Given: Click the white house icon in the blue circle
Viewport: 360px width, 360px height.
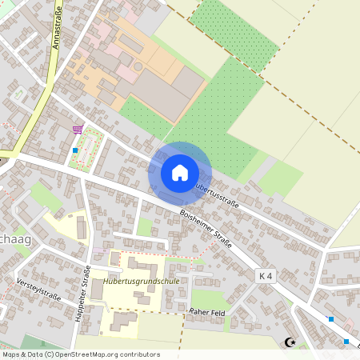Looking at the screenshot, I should (180, 172).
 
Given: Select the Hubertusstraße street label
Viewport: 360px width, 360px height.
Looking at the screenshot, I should (217, 190).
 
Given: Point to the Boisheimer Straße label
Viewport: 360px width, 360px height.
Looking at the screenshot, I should (206, 227).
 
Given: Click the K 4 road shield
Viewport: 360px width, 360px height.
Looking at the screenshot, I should (266, 275).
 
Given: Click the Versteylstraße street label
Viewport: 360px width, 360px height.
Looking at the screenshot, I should (38, 286).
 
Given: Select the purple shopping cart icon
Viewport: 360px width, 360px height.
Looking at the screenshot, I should (78, 129).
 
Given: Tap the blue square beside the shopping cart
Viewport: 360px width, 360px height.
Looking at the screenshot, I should (75, 150).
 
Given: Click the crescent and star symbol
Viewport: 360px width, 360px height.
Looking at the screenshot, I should (290, 342).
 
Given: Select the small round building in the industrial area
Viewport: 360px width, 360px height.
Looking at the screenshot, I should (138, 66).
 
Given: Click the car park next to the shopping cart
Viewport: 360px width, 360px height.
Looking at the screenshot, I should (88, 148).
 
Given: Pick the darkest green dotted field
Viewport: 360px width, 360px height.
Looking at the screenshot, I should (233, 32).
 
